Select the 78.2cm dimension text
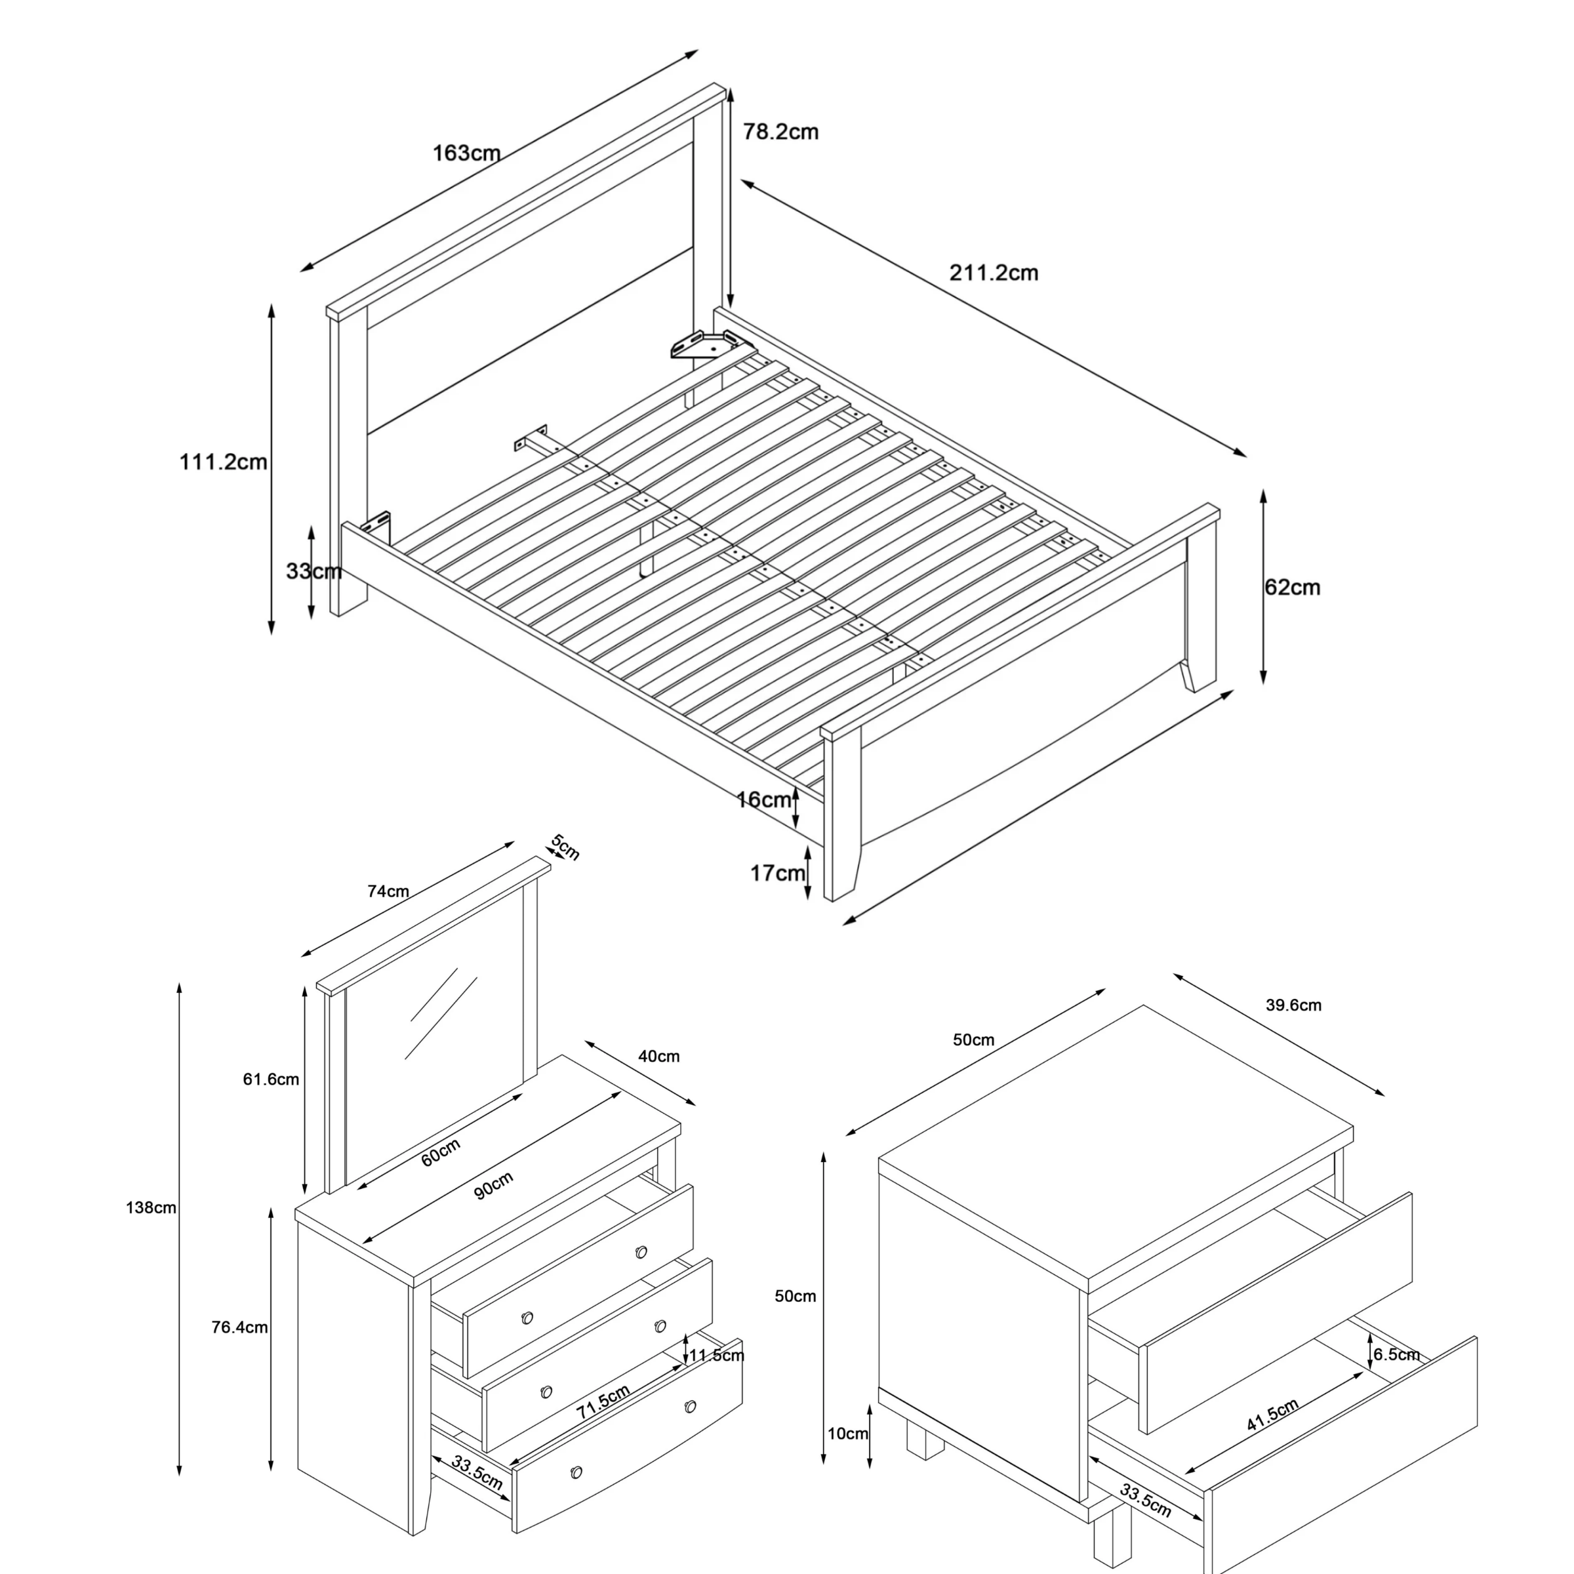(780, 132)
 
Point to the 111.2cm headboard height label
(223, 462)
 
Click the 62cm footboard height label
(1292, 588)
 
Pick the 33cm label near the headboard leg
(313, 571)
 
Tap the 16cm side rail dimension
(763, 800)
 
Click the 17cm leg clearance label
(777, 874)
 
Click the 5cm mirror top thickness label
(565, 847)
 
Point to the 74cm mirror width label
(388, 891)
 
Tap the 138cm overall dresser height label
(151, 1208)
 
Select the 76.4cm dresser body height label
(239, 1327)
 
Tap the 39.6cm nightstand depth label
(1293, 1005)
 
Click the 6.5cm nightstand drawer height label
(1396, 1355)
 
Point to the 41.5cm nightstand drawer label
(1272, 1416)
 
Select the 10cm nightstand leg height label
(847, 1434)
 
